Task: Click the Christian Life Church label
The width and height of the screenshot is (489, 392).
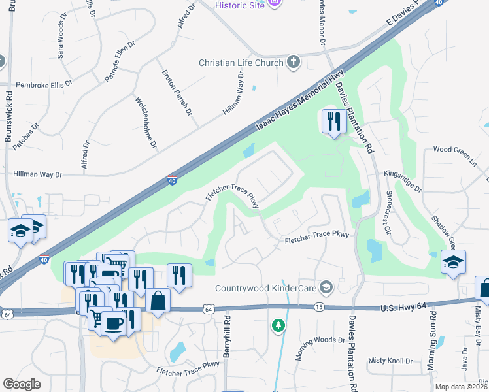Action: tap(241, 63)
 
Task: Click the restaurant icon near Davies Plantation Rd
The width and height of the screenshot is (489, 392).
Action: tap(333, 122)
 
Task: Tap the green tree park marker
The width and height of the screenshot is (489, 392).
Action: tap(278, 325)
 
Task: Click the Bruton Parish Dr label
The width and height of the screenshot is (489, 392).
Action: tap(177, 92)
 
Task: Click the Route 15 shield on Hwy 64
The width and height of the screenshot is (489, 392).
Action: tap(319, 306)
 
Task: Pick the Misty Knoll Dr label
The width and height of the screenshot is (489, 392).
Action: tap(390, 361)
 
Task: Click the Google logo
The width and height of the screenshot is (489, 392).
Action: tap(22, 385)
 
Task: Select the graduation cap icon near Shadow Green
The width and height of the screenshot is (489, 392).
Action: tap(453, 262)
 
